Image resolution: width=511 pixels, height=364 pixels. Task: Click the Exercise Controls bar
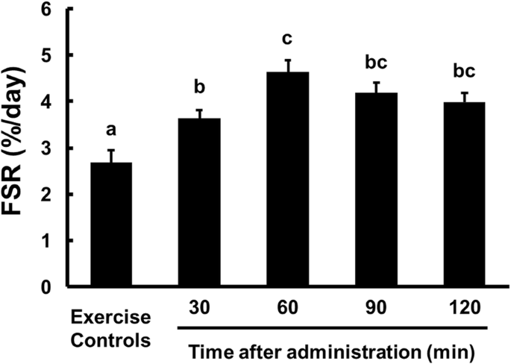coord(111,225)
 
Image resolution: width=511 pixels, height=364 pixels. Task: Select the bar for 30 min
coord(199,202)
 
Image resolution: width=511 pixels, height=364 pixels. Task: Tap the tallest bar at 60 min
coord(288,179)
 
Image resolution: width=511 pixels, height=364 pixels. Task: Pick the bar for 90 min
coord(376,189)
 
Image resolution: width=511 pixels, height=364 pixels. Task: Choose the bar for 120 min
coord(465,194)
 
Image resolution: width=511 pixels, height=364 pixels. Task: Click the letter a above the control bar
coord(111,131)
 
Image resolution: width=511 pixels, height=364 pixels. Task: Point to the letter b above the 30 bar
coord(199,87)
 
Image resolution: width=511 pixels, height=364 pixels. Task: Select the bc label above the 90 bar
coord(376,62)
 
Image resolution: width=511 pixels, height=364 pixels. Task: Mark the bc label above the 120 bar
coord(465,71)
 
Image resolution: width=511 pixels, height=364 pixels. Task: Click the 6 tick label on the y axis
coord(46,10)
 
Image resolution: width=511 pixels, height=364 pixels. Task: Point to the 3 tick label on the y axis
coord(46,148)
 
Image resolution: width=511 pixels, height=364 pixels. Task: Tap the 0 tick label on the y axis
coord(46,287)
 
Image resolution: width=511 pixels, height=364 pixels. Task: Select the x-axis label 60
coord(288,307)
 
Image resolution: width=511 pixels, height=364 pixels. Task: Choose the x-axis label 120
coord(465,307)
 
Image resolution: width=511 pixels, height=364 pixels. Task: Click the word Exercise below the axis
coord(111,317)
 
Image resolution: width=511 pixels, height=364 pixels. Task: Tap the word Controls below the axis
coord(111,341)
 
